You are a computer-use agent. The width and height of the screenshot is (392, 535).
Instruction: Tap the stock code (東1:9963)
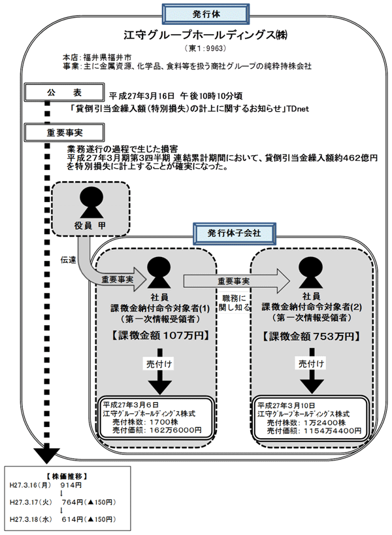pyautogui.click(x=197, y=48)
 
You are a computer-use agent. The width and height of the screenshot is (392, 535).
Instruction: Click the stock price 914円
pyautogui.click(x=69, y=486)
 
